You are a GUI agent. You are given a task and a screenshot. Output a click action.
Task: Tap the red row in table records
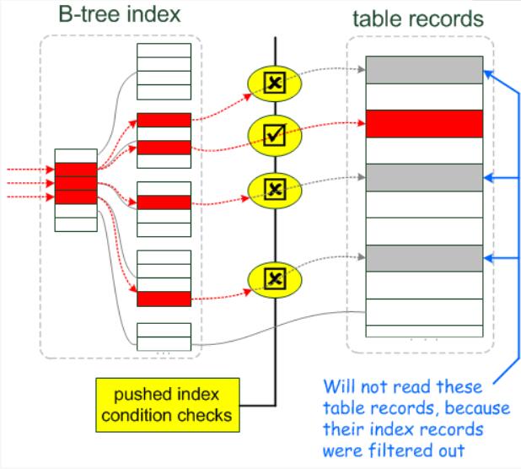(x=424, y=124)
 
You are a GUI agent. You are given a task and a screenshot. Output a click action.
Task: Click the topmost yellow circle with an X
(x=271, y=83)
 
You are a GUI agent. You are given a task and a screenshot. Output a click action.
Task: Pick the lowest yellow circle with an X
(x=271, y=277)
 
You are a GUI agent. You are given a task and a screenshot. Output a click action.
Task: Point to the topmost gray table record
(x=424, y=69)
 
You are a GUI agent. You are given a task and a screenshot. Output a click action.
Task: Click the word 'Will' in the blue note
(x=337, y=387)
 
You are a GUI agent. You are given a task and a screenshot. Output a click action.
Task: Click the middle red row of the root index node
(x=76, y=184)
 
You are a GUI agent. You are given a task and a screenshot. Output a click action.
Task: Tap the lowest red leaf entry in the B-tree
(x=164, y=299)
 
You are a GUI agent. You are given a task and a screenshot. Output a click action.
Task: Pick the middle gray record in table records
(x=424, y=177)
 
